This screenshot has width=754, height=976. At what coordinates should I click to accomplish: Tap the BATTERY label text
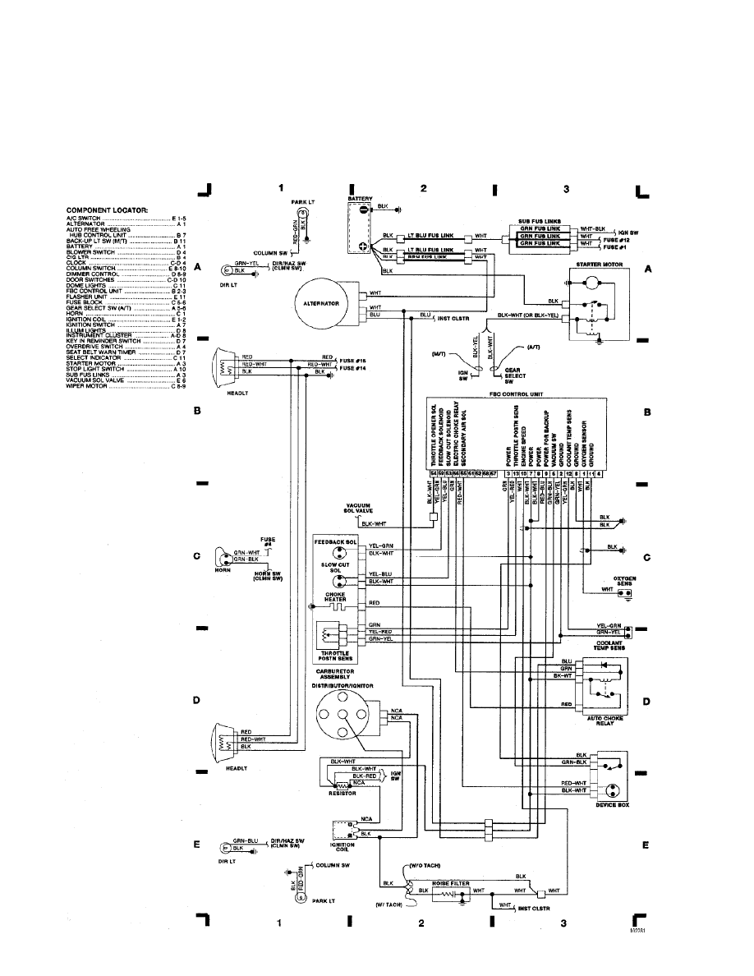click(361, 199)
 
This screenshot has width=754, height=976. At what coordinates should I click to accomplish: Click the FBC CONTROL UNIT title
click(516, 394)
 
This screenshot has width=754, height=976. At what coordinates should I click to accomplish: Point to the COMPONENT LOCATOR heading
click(108, 210)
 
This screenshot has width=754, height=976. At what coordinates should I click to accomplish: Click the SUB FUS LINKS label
click(540, 222)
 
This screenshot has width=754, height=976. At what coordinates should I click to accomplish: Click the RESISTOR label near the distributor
click(340, 794)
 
